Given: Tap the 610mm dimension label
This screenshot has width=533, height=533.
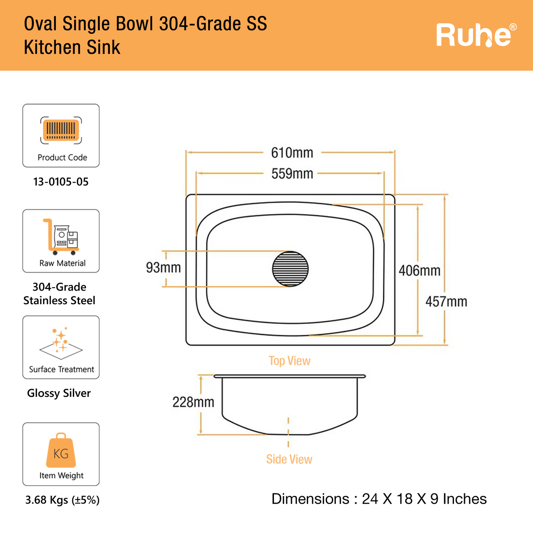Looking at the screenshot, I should [292, 153].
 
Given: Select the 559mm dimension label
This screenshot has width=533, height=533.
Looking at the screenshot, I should [292, 174].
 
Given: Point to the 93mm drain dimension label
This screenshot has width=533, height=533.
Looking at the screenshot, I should [163, 267].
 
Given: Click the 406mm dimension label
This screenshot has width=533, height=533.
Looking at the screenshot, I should [419, 270].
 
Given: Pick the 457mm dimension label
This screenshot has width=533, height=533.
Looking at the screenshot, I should [446, 302].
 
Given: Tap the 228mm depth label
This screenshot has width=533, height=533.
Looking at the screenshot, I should [193, 402].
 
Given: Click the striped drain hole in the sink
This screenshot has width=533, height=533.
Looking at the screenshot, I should [290, 269].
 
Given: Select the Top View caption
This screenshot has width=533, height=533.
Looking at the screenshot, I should [289, 361].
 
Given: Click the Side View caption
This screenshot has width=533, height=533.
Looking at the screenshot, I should [289, 459].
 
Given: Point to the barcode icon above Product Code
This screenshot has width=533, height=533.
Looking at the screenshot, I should [61, 130].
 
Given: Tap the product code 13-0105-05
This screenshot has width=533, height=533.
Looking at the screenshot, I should [61, 182].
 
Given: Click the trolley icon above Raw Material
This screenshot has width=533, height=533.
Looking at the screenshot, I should [61, 236].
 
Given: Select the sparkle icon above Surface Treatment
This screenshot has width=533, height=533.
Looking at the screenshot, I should [61, 342].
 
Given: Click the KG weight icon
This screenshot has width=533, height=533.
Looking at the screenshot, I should [61, 450].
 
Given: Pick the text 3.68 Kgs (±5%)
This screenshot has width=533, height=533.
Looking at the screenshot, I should [62, 500].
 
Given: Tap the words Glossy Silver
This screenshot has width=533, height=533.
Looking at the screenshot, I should [59, 393].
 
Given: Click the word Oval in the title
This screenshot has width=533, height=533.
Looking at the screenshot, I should [41, 24].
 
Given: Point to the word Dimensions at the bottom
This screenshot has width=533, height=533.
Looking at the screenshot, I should [310, 499].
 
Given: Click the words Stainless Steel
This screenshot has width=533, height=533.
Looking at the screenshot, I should [59, 301].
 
